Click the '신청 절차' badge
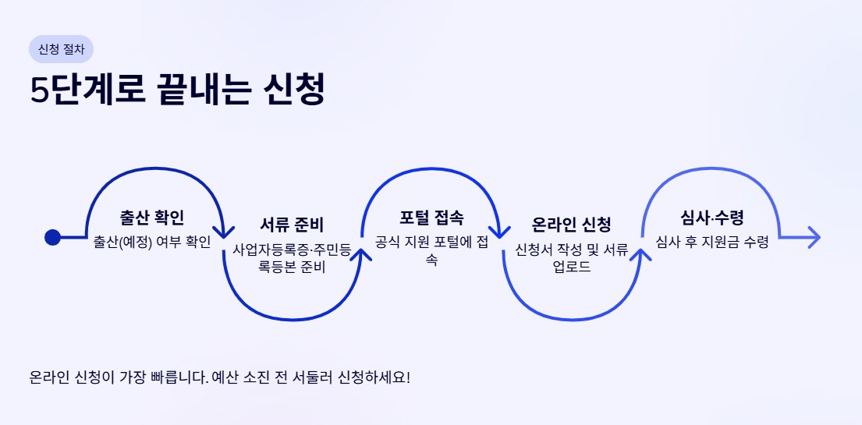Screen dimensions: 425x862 61,49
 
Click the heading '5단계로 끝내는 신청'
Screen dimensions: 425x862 177,90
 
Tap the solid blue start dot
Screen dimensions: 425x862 53,237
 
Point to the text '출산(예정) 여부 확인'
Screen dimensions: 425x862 152,242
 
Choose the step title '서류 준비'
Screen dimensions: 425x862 292,226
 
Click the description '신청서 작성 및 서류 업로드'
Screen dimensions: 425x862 571,258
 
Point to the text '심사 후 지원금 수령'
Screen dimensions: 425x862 711,242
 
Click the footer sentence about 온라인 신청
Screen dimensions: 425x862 219,378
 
